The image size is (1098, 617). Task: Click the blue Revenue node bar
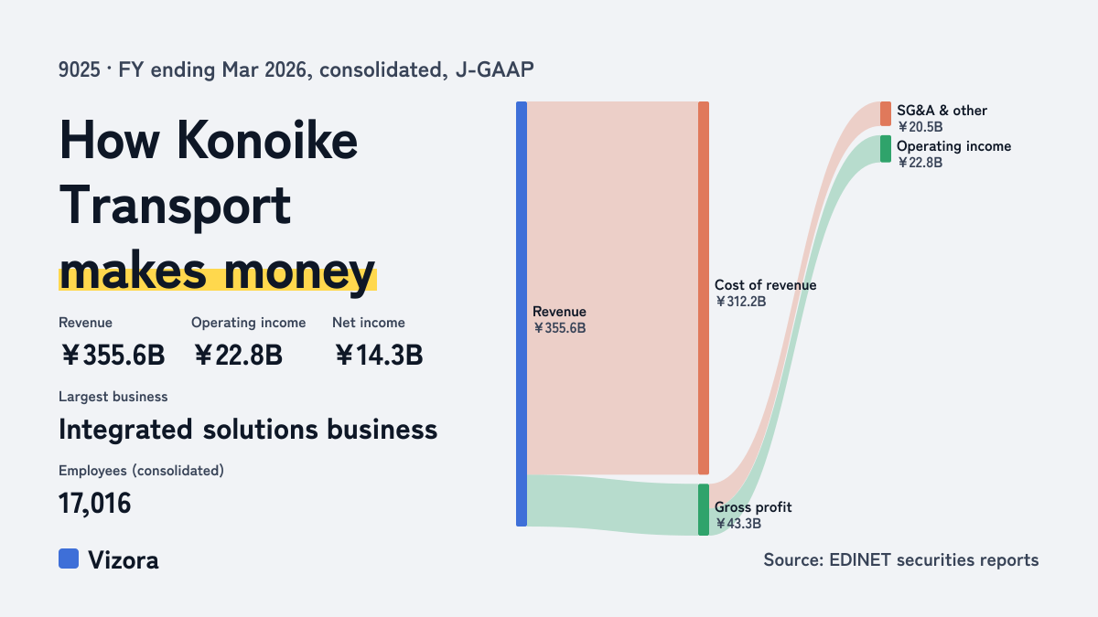pos(522,314)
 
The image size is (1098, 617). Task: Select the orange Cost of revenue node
pos(704,288)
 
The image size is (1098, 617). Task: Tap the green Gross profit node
pos(704,510)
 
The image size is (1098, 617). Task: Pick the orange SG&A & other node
pos(886,113)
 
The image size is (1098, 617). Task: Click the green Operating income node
pos(886,149)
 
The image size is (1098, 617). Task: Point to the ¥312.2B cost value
pos(740,302)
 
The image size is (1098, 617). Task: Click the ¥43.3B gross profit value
pos(737,524)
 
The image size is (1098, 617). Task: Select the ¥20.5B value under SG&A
pos(920,127)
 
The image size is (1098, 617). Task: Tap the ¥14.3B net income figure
pos(379,355)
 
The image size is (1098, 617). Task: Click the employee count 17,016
pos(94,504)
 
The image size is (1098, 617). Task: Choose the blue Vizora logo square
pos(69,558)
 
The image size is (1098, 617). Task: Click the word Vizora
pos(124,560)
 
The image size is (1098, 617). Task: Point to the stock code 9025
pos(80,70)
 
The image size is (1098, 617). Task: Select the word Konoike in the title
pos(266,141)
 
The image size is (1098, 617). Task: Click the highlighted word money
pos(299,271)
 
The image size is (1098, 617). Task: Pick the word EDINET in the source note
pos(860,559)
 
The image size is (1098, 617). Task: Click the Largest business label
pos(113,397)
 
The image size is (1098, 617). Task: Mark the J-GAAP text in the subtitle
pos(495,70)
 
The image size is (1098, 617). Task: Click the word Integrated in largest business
pos(125,431)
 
